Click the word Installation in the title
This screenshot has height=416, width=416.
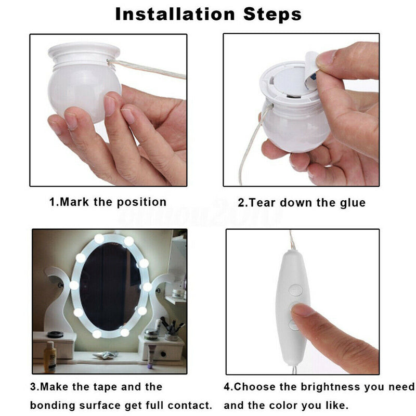click(x=175, y=14)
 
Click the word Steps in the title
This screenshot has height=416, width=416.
click(x=272, y=15)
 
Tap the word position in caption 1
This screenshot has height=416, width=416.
click(x=141, y=202)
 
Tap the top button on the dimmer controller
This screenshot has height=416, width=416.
click(x=295, y=290)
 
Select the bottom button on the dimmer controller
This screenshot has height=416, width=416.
click(x=293, y=324)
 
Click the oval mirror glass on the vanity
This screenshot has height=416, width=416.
click(x=110, y=286)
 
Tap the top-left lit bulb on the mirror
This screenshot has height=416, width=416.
click(x=99, y=239)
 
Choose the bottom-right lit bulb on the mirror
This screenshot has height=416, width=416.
click(x=125, y=332)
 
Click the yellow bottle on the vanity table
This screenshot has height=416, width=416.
click(x=50, y=357)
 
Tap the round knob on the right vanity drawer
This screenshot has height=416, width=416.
click(x=163, y=354)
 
